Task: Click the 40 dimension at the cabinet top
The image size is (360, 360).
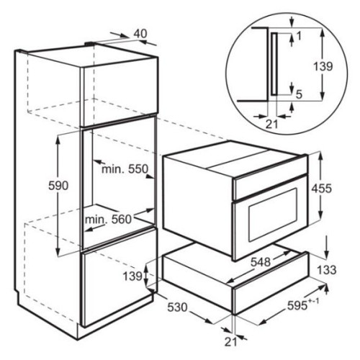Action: [140, 34]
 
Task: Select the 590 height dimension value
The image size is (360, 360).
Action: [58, 186]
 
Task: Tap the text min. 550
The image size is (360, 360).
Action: [125, 169]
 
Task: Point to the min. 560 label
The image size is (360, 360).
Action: [109, 220]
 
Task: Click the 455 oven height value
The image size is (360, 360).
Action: [322, 189]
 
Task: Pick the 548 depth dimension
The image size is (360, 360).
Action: [261, 262]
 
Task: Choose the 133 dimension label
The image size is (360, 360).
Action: [327, 270]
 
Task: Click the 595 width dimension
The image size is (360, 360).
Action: [303, 305]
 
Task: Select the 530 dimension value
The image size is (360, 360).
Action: [177, 307]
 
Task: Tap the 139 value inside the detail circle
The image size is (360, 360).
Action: [323, 66]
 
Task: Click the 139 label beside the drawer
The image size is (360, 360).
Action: [132, 276]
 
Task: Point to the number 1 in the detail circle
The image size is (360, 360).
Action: [299, 36]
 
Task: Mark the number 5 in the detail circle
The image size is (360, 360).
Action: [299, 95]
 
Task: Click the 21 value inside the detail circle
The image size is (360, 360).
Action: [271, 124]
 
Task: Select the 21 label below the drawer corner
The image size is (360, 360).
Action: [230, 342]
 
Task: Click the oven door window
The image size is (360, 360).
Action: [273, 215]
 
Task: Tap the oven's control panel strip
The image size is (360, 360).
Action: [271, 184]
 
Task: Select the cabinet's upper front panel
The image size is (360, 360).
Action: [120, 92]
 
